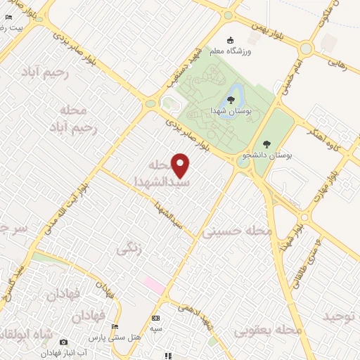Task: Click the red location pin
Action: coord(181,165)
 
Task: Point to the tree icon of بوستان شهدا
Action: coord(231,100)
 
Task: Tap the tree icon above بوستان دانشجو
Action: coord(266,143)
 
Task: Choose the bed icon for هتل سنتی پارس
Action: coord(116,326)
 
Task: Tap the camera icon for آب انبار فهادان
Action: coord(64,342)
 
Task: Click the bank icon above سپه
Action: coord(155,319)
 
